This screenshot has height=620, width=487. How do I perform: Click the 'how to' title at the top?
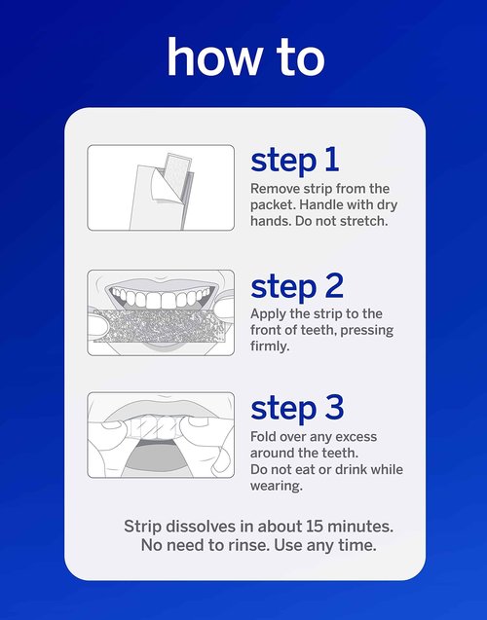tap(244, 57)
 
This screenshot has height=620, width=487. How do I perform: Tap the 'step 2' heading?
tap(297, 286)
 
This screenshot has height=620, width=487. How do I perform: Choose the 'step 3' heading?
tap(297, 409)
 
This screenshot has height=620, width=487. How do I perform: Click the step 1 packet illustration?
tap(161, 187)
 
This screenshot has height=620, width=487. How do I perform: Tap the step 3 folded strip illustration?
tap(161, 435)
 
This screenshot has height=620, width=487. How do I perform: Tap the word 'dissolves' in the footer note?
tap(198, 526)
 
